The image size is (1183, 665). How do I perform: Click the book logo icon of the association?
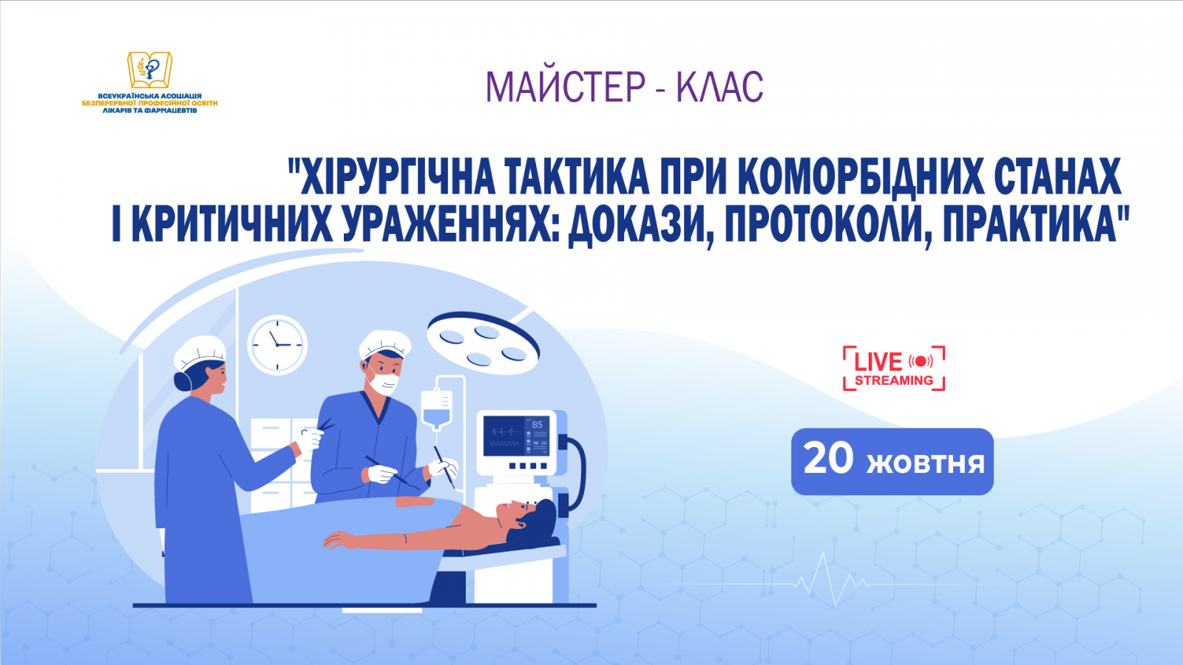[x=150, y=70]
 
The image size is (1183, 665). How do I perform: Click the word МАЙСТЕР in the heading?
[x=566, y=87]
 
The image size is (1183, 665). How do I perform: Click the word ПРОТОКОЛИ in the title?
[x=827, y=224]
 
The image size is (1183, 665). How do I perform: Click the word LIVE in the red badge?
[x=878, y=362]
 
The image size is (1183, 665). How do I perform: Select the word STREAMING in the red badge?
[x=894, y=381]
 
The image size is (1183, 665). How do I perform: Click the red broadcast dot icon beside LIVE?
[x=921, y=361]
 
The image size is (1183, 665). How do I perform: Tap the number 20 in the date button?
[x=828, y=459]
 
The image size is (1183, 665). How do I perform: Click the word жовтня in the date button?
[x=925, y=463]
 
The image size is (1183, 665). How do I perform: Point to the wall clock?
[x=277, y=345]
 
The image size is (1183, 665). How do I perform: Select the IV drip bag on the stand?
[x=436, y=409]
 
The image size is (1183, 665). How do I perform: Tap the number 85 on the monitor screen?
[x=537, y=425]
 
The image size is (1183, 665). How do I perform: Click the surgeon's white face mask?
[x=384, y=383]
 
